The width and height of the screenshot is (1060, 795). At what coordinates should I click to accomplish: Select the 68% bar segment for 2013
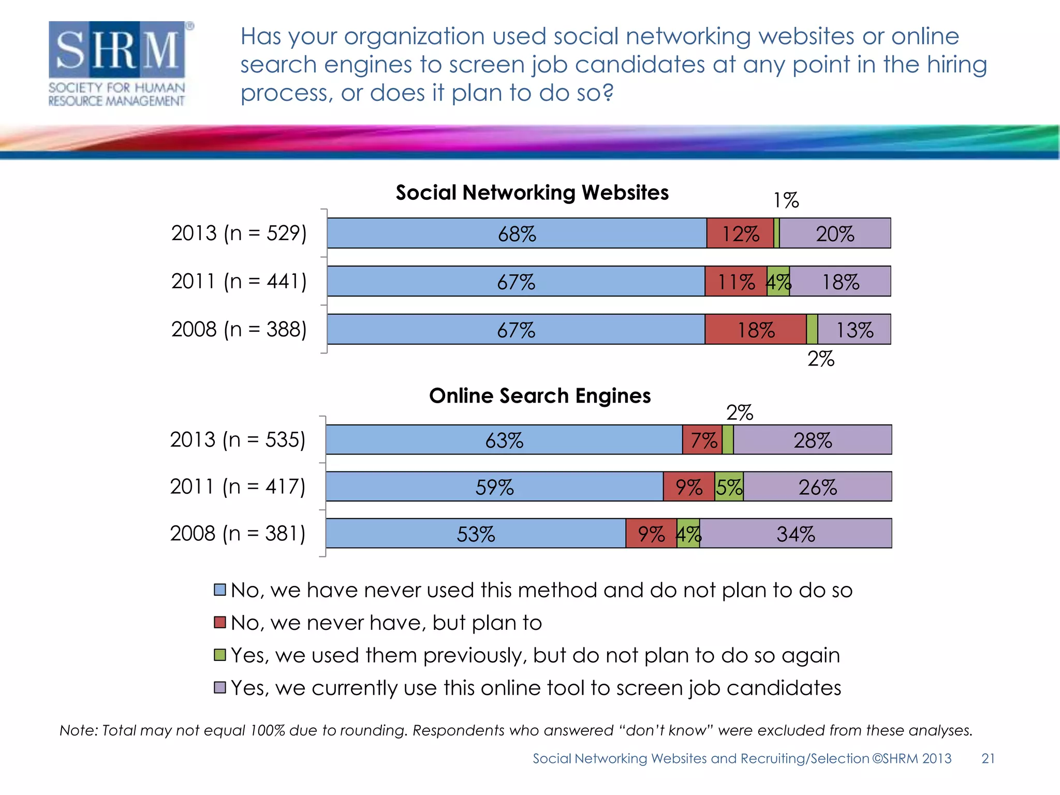[x=517, y=233]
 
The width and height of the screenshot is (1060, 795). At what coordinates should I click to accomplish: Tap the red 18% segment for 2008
[x=755, y=330]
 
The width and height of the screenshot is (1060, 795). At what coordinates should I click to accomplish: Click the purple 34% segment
[x=796, y=534]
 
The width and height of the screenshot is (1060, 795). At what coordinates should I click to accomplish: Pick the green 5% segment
[x=729, y=487]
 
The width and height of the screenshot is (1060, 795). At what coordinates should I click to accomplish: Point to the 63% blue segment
[x=504, y=440]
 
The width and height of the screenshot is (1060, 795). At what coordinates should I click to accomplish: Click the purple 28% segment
[x=812, y=440]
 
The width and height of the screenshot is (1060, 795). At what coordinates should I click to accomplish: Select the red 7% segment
[x=702, y=440]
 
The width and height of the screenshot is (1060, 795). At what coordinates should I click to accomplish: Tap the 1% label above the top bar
[x=786, y=200]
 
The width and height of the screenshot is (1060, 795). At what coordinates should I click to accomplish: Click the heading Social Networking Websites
[x=532, y=193]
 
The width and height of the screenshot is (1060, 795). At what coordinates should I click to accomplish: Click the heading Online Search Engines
[x=540, y=396]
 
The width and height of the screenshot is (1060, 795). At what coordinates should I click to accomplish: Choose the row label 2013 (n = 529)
[x=239, y=233]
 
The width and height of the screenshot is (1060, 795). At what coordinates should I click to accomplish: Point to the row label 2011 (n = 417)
[x=238, y=487]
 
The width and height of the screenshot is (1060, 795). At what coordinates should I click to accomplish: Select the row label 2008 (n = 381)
[x=238, y=534]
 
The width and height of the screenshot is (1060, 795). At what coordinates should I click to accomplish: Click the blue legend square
[x=220, y=590]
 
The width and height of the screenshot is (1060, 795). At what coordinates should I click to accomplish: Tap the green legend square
[x=220, y=655]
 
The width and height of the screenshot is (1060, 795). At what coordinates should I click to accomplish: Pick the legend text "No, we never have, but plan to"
[x=386, y=623]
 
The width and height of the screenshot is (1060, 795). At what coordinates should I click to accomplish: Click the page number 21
[x=988, y=759]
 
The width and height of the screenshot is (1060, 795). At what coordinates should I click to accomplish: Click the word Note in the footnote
[x=78, y=730]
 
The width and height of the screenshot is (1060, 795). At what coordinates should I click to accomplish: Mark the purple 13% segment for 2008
[x=854, y=330]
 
